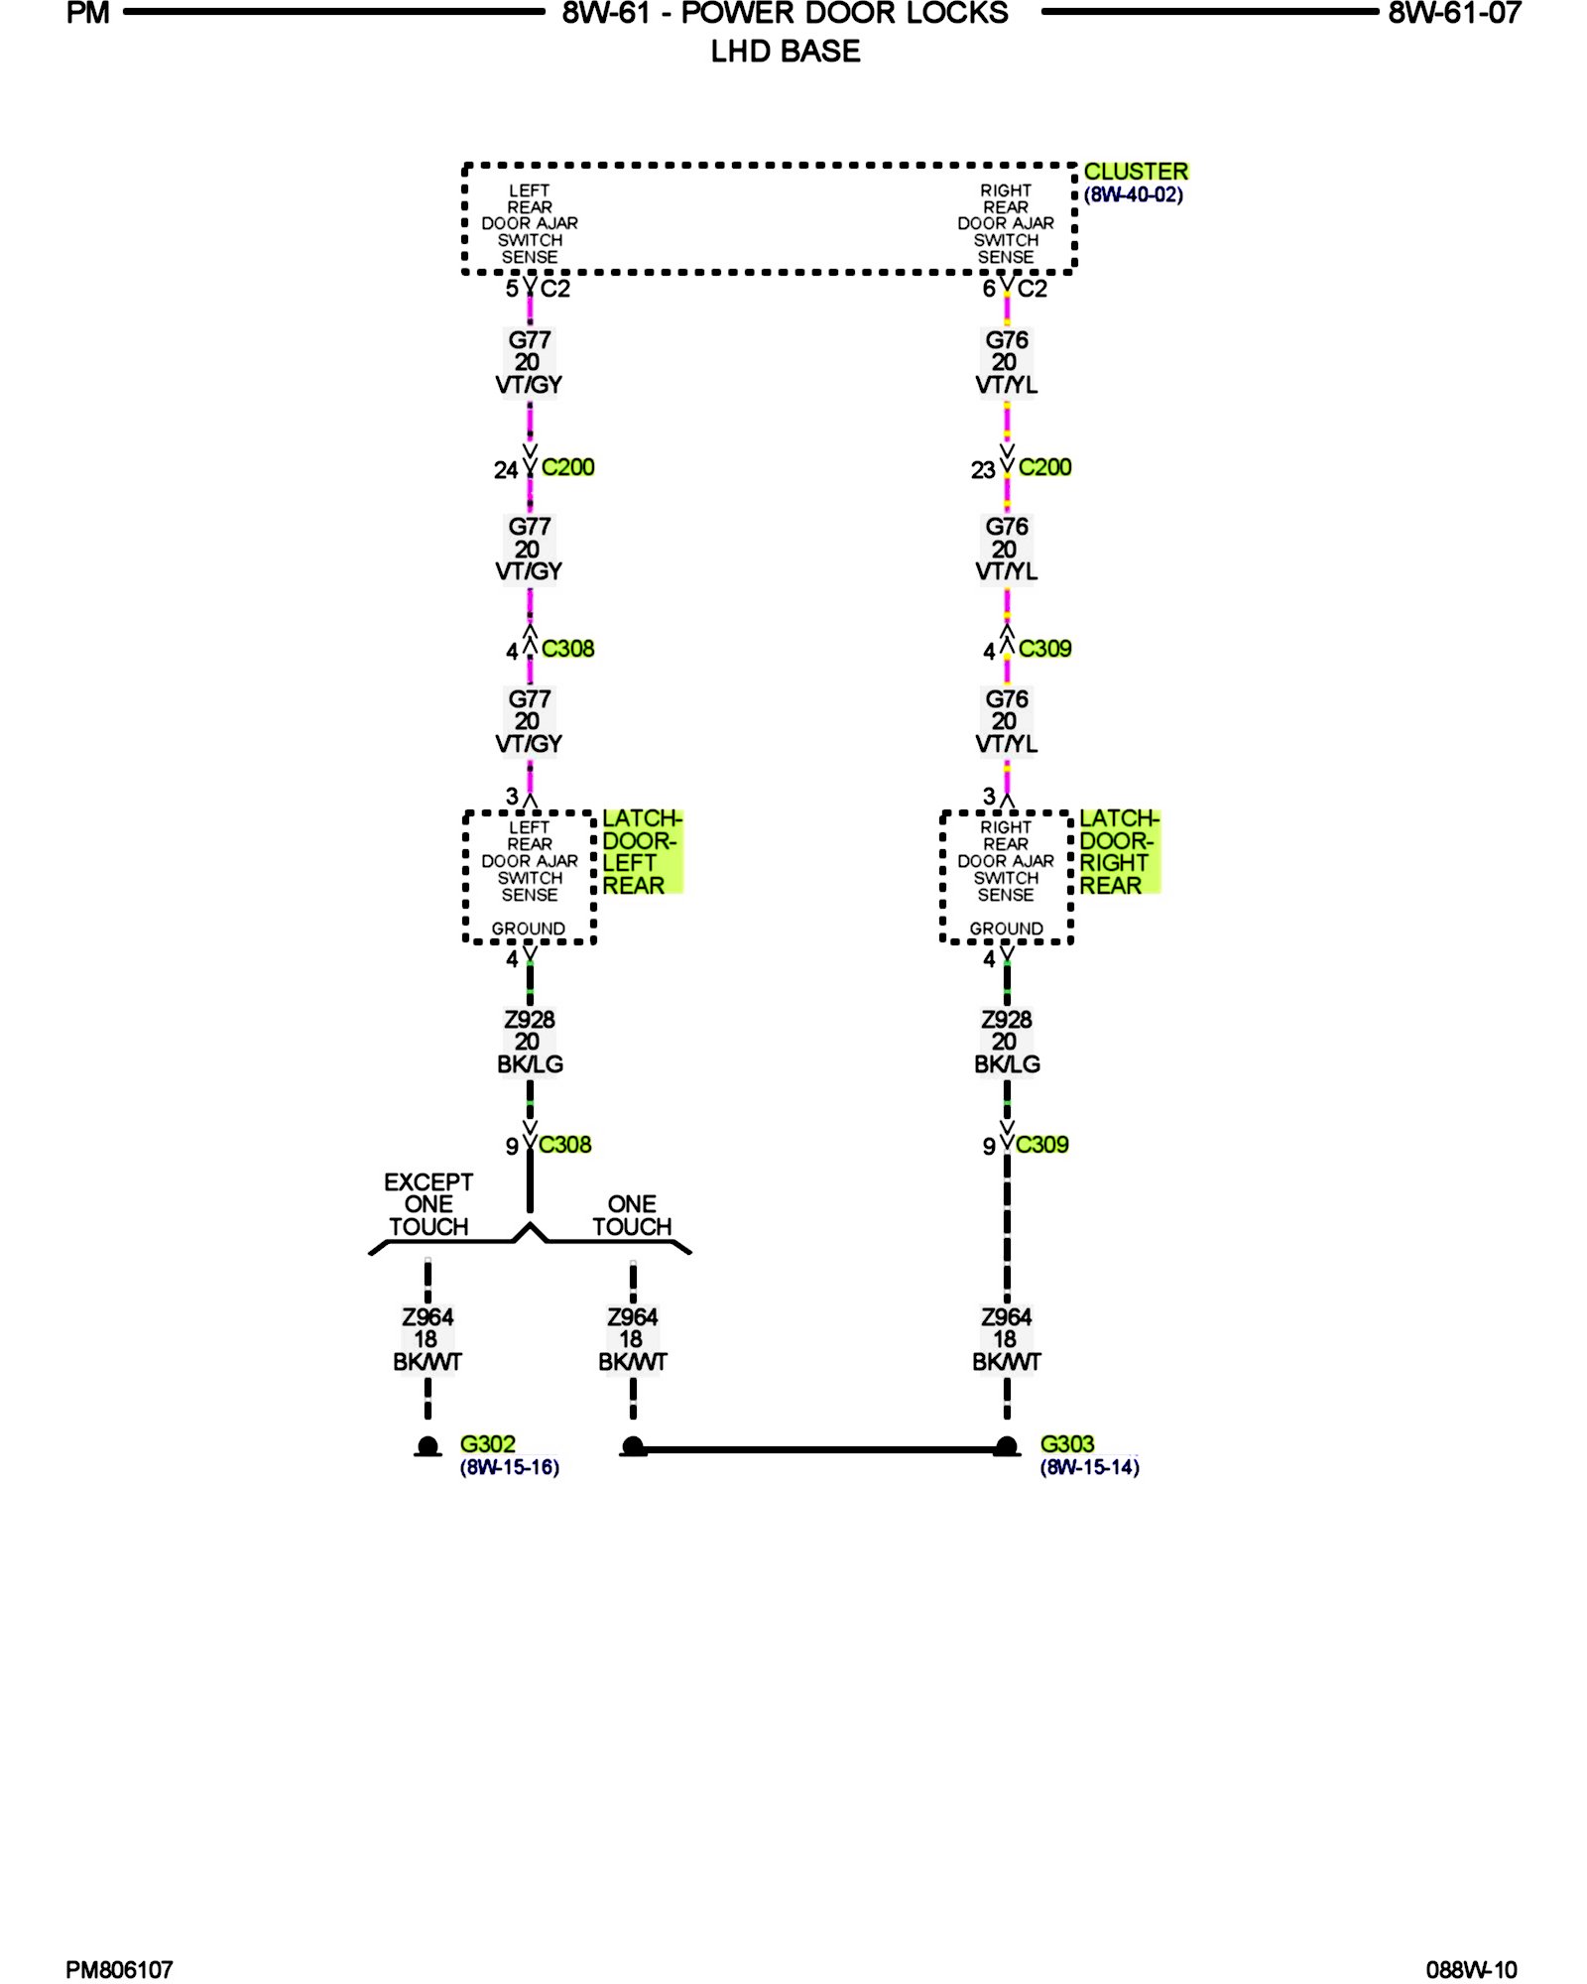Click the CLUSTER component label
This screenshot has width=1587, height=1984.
[1135, 172]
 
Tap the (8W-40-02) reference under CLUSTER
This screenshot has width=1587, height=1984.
[1133, 195]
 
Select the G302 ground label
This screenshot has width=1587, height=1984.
[487, 1444]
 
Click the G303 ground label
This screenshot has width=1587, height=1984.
[1066, 1444]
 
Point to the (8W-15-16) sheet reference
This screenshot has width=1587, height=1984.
[509, 1467]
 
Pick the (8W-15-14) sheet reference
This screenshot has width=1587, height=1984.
[1089, 1467]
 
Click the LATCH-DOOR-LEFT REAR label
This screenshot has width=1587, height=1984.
[641, 852]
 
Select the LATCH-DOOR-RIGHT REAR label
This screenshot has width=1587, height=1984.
[1118, 852]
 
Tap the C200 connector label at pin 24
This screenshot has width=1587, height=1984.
[567, 467]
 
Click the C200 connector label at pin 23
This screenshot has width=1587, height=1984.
[1044, 467]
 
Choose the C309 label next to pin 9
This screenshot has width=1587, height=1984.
[1041, 1145]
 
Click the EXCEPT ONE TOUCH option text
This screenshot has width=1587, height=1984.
[428, 1204]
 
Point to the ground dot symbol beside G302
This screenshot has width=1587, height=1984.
[428, 1447]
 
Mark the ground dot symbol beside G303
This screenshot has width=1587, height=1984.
[1006, 1447]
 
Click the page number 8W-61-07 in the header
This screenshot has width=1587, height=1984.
[1454, 14]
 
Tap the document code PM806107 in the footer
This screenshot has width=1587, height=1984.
[119, 1969]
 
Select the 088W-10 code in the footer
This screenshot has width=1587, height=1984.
[1471, 1969]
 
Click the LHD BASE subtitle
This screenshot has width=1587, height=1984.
[785, 52]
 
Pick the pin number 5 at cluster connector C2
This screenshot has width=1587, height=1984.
[512, 289]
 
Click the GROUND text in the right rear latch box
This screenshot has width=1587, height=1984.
[1006, 929]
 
